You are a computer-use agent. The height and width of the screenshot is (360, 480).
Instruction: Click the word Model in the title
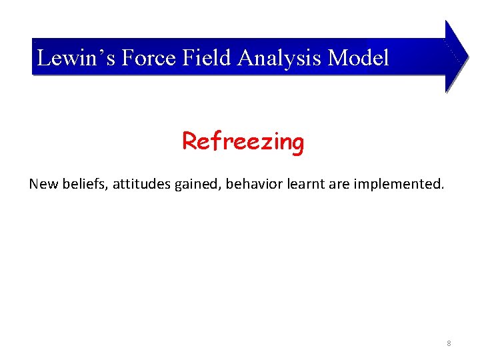coord(359,58)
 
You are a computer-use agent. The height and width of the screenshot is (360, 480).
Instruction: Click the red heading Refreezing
coord(243,142)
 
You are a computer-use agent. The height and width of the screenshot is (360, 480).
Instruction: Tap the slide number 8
coord(449,343)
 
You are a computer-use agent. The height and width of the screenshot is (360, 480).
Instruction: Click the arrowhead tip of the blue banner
coord(467,57)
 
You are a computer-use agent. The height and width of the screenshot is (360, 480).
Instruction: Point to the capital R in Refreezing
coord(190,141)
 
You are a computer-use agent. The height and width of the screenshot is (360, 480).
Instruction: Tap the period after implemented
coord(441,188)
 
